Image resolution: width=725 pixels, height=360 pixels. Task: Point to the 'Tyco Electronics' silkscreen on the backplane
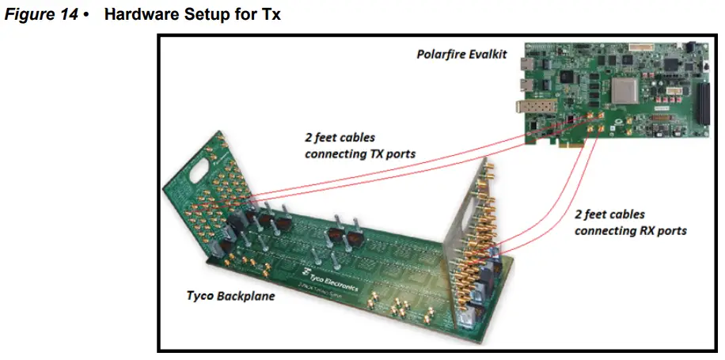pyautogui.click(x=327, y=282)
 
